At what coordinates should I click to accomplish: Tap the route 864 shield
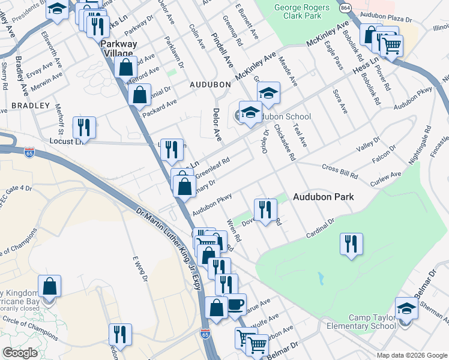point(345,8)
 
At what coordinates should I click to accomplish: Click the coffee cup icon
point(235,304)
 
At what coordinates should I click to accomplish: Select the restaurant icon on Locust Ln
point(83,127)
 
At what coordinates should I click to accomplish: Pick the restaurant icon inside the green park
point(351,244)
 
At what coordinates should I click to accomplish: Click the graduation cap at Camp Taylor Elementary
point(406,309)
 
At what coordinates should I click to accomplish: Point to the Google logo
point(20,353)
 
